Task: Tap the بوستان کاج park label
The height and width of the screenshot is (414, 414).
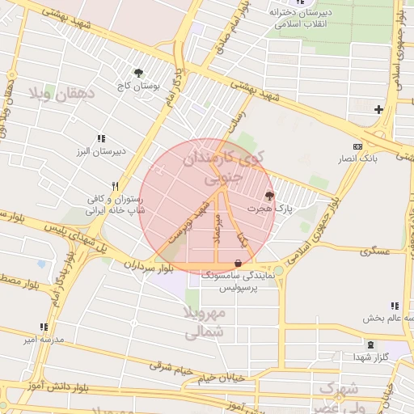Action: [140, 85]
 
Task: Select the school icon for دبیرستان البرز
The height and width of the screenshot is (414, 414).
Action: [101, 139]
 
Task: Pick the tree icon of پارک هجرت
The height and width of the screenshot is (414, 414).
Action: [269, 195]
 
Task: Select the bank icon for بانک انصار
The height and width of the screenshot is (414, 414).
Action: [357, 146]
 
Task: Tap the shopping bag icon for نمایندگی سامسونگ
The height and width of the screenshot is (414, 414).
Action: [237, 263]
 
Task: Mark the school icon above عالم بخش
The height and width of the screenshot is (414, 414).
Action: [394, 306]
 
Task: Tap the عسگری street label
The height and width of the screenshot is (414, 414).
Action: [375, 251]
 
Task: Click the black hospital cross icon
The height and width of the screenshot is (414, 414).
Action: [378, 108]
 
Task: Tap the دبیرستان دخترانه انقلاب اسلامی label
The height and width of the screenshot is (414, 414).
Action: [301, 18]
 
